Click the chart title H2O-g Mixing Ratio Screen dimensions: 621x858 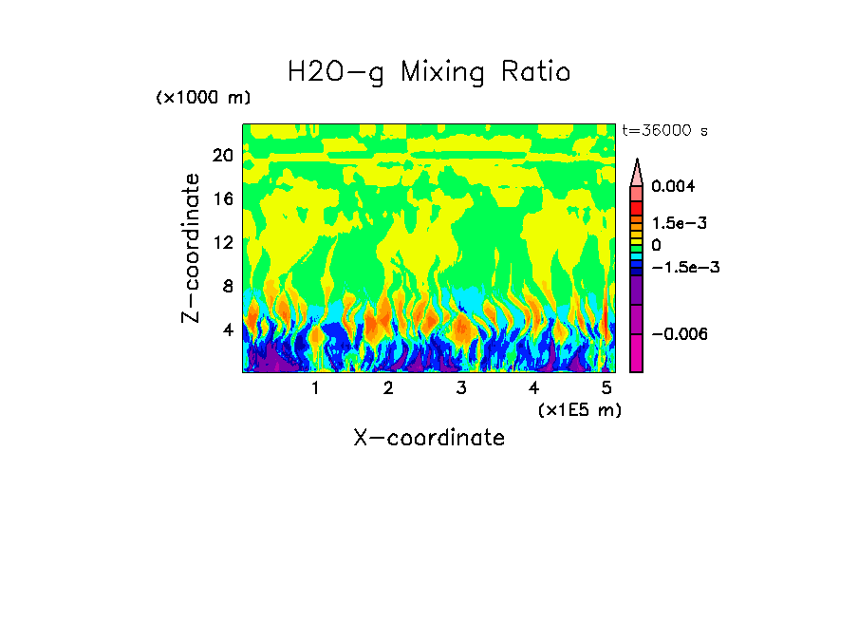click(x=429, y=72)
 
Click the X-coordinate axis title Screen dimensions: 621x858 click(x=429, y=438)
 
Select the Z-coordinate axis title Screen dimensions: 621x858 click(x=192, y=248)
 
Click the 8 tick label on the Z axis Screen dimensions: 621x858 click(x=228, y=286)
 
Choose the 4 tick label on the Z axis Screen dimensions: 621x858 click(x=228, y=329)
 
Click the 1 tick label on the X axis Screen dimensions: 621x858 click(x=315, y=387)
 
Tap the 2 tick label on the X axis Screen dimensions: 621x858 click(x=388, y=387)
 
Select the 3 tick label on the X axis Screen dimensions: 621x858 click(x=461, y=387)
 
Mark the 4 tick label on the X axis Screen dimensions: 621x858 click(x=534, y=387)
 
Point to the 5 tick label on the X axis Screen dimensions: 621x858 click(x=606, y=387)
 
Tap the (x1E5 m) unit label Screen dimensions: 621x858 click(x=579, y=409)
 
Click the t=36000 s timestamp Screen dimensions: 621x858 click(x=664, y=130)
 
